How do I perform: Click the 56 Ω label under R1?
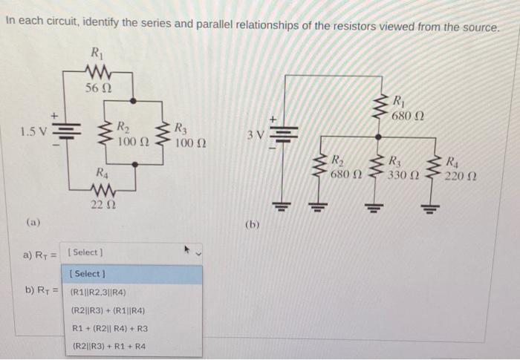click(97, 88)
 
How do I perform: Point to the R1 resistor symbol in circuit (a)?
click(97, 71)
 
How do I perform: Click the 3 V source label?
click(255, 135)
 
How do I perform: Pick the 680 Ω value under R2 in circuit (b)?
click(345, 174)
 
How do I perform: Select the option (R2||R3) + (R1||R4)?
click(108, 310)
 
